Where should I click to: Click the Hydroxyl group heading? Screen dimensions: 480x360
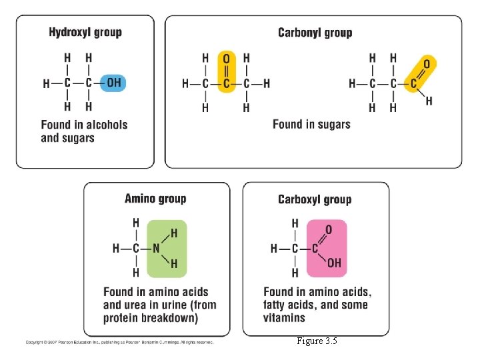pos(85,32)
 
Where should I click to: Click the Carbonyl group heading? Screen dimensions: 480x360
pos(315,32)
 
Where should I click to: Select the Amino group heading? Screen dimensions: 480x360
pos(155,198)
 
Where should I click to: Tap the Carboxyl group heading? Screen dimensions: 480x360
pos(315,199)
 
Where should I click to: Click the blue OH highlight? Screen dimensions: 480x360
pos(113,83)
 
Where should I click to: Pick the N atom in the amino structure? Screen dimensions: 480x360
pos(156,248)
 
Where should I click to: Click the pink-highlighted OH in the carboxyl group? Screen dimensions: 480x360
pos(334,263)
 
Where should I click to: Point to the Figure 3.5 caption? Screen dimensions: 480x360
pos(317,341)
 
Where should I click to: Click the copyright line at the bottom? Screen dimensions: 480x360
pos(119,342)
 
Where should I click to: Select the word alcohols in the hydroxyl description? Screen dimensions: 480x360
pos(103,124)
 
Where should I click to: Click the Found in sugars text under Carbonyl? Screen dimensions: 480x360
pos(311,124)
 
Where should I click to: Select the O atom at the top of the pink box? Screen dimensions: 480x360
pos(328,230)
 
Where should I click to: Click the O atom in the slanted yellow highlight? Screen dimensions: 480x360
pos(427,64)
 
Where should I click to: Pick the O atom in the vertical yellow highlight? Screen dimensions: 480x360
pos(226,59)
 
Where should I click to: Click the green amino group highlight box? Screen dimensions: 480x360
pos(167,248)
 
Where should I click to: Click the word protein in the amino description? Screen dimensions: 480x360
pos(123,318)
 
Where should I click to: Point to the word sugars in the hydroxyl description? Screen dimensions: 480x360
pos(77,138)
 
